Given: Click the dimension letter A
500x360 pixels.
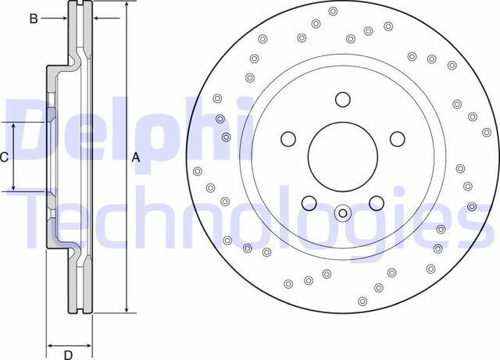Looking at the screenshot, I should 135,158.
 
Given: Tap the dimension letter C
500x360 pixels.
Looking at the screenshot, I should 4,157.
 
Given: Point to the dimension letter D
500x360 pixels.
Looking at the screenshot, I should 69,353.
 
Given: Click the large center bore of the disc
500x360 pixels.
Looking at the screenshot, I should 342,151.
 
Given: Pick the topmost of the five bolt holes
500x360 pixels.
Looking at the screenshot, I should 342,99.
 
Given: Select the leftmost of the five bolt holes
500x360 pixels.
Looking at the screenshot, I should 288,139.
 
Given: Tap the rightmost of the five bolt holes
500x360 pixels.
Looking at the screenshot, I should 397,139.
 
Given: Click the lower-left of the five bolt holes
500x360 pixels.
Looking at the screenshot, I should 309,203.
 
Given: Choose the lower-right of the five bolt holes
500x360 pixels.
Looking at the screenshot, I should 376,203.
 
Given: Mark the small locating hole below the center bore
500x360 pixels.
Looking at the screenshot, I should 342,212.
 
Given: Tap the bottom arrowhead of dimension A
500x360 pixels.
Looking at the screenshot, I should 126,310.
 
